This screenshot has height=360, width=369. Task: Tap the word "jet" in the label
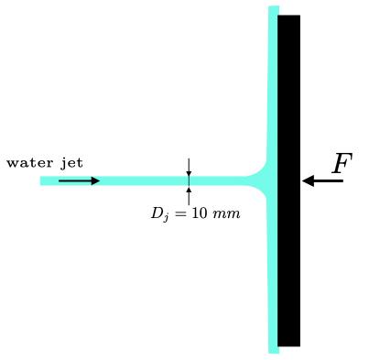pyautogui.click(x=71, y=163)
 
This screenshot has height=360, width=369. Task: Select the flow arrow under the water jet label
pyautogui.click(x=79, y=180)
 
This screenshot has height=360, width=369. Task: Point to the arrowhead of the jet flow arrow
pyautogui.click(x=95, y=180)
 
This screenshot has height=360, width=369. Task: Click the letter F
pyautogui.click(x=341, y=164)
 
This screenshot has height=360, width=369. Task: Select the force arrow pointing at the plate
pyautogui.click(x=322, y=180)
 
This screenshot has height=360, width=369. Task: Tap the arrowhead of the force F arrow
pyautogui.click(x=308, y=180)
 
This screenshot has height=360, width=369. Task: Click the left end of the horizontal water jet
pyautogui.click(x=43, y=180)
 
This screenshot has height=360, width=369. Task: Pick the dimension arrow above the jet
pyautogui.click(x=189, y=167)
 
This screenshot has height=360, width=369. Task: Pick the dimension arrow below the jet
pyautogui.click(x=189, y=195)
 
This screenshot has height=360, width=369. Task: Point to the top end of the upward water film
pyautogui.click(x=273, y=9)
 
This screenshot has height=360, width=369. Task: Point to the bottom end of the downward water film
pyautogui.click(x=273, y=349)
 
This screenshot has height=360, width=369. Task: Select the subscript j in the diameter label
pyautogui.click(x=165, y=217)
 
